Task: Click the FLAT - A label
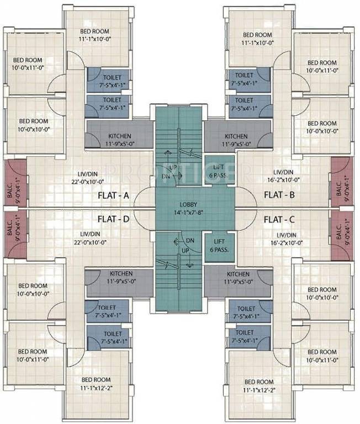[113, 195]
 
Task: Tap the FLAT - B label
[279, 195]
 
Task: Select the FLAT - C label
[279, 219]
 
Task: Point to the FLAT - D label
[114, 219]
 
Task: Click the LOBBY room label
[188, 204]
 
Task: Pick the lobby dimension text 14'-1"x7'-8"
[188, 213]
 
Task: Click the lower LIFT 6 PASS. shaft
[219, 247]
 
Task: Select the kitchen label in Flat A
[120, 136]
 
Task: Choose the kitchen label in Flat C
[239, 274]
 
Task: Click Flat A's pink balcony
[15, 183]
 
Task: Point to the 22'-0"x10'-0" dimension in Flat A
[88, 182]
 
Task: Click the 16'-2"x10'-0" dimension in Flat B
[283, 179]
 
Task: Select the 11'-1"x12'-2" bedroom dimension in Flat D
[96, 388]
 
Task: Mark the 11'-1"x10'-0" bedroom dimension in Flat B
[258, 43]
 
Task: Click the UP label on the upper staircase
[173, 167]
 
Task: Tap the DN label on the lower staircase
[190, 240]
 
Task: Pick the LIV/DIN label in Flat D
[90, 234]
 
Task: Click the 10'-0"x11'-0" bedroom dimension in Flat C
[322, 360]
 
